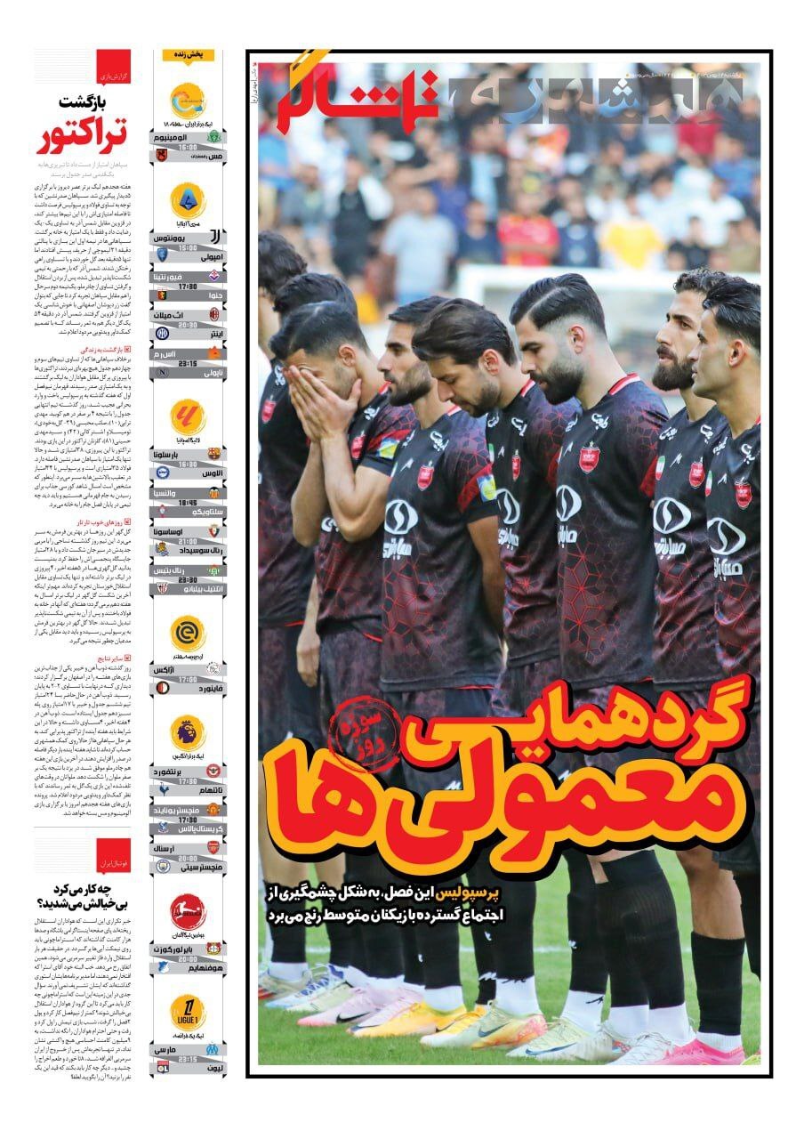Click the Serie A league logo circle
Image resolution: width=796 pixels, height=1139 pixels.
point(188,200)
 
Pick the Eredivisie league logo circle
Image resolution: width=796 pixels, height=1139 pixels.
point(188,633)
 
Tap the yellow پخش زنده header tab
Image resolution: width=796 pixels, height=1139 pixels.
point(188,55)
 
